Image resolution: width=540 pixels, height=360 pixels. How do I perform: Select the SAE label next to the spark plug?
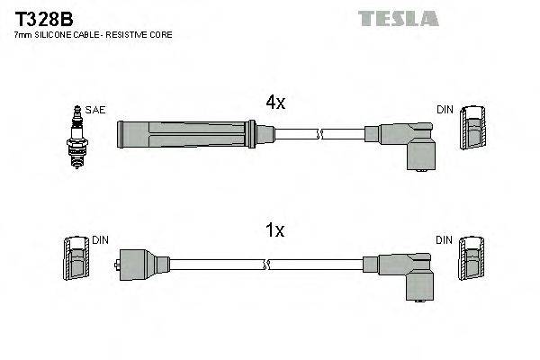pos(95,110)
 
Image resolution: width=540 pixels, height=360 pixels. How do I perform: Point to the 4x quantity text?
pos(274,103)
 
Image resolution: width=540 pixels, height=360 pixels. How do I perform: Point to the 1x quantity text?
pos(274,231)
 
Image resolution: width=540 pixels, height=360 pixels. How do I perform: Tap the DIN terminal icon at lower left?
pos(76,261)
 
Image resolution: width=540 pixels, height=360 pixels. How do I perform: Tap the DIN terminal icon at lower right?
pos(471,261)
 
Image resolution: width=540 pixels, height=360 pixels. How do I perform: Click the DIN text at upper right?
pos(445,110)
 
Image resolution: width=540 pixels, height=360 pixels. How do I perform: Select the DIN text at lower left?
pos(100,240)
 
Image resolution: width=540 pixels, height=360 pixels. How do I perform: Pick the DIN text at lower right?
pos(445,240)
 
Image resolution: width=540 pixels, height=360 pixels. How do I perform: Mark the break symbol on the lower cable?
pos(266,265)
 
